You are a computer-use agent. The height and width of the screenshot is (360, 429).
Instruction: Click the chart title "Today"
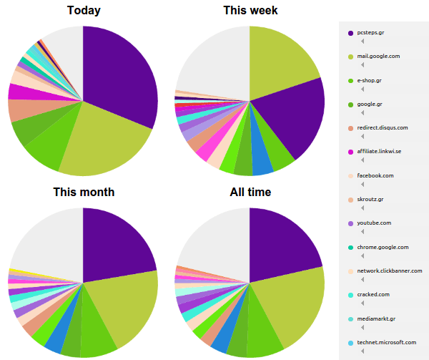pyautogui.click(x=84, y=11)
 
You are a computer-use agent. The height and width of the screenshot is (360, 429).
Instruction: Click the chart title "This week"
pyautogui.click(x=250, y=11)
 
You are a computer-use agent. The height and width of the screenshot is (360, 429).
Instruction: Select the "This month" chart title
pyautogui.click(x=84, y=193)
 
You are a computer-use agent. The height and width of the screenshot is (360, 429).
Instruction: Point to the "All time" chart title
pyautogui.click(x=250, y=193)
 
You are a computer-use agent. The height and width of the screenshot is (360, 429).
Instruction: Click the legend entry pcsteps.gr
pyautogui.click(x=371, y=33)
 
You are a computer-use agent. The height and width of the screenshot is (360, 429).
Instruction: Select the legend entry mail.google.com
pyautogui.click(x=378, y=57)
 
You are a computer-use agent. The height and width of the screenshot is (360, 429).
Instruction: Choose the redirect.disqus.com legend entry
pyautogui.click(x=383, y=127)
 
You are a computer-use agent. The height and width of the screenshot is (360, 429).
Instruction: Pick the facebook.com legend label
pyautogui.click(x=375, y=175)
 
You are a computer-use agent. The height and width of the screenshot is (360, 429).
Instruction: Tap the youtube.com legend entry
pyautogui.click(x=374, y=223)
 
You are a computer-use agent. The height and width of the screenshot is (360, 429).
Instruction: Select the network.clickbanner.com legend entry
pyautogui.click(x=390, y=271)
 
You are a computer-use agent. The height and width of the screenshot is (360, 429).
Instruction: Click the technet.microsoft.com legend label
pyautogui.click(x=386, y=343)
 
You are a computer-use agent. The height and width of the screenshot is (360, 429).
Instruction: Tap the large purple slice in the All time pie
pyautogui.click(x=286, y=243)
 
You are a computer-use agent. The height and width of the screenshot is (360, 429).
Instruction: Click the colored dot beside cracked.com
pyautogui.click(x=350, y=295)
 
